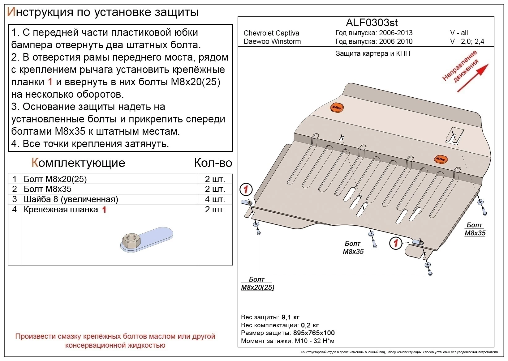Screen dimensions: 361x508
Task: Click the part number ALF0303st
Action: pyautogui.click(x=371, y=23)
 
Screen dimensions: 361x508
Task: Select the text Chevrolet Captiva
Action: pyautogui.click(x=271, y=33)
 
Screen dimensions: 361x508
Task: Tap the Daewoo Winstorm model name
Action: pyautogui.click(x=272, y=41)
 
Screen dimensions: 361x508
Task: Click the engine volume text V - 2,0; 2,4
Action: pyautogui.click(x=467, y=41)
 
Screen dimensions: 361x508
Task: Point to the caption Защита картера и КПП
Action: pyautogui.click(x=372, y=53)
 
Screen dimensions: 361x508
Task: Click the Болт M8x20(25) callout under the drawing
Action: pyautogui.click(x=257, y=283)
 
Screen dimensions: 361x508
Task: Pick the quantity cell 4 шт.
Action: pyautogui.click(x=215, y=199)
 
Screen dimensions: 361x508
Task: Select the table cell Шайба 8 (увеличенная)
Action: pyautogui.click(x=71, y=199)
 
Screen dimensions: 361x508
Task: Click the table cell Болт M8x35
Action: pyautogui.click(x=47, y=189)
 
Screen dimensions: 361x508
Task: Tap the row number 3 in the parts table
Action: pyautogui.click(x=15, y=199)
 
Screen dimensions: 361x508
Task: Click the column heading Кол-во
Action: pyautogui.click(x=213, y=163)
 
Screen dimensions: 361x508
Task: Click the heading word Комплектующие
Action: pyautogui.click(x=78, y=163)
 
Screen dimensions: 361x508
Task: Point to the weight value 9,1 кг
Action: pyautogui.click(x=290, y=317)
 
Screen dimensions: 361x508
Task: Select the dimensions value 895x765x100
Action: pyautogui.click(x=314, y=333)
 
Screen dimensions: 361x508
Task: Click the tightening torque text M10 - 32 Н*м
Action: pyautogui.click(x=315, y=341)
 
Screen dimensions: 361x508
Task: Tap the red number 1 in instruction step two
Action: pyautogui.click(x=50, y=82)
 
